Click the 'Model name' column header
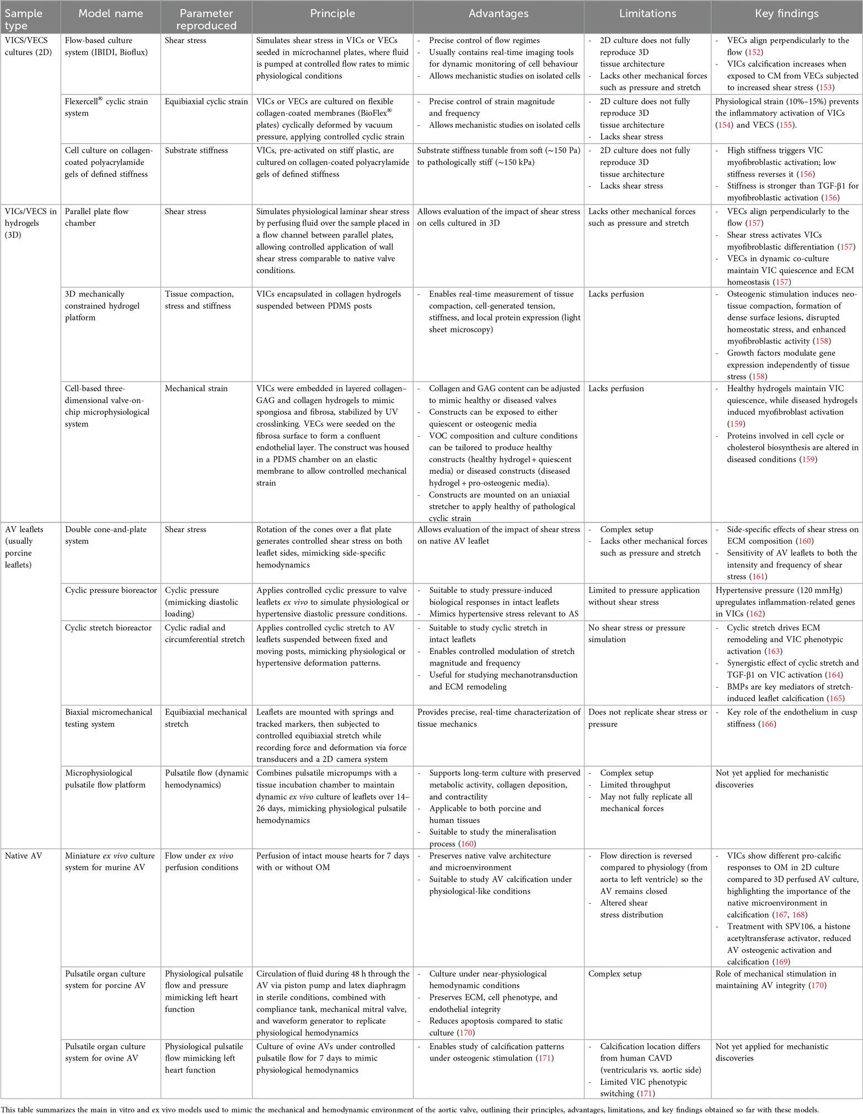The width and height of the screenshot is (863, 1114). [110, 14]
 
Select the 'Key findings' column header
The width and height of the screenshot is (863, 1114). [786, 14]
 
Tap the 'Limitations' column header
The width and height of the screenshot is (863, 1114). [647, 14]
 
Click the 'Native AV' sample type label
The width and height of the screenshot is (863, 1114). [24, 856]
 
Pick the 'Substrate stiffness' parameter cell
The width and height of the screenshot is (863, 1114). [196, 151]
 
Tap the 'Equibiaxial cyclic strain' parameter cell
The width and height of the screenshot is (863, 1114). [206, 101]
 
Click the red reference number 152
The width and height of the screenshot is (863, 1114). [754, 52]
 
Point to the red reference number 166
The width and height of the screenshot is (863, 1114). [767, 724]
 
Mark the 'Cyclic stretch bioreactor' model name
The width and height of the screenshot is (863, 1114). [108, 628]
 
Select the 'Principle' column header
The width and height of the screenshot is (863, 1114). [332, 14]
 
